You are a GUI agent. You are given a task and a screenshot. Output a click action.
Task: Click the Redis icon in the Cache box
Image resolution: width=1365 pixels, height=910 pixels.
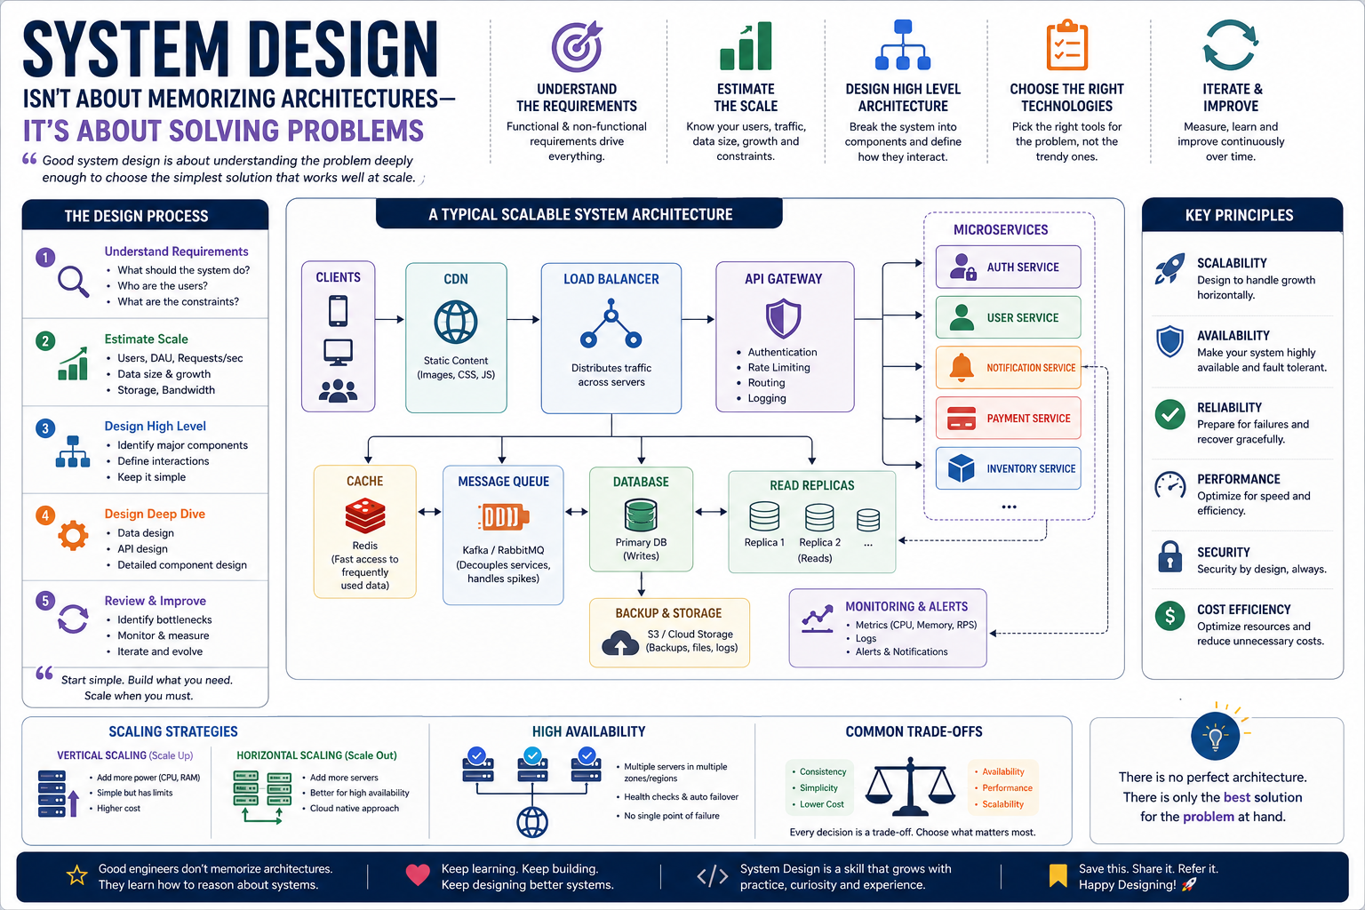365,515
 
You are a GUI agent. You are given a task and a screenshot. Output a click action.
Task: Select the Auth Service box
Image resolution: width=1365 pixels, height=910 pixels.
1008,267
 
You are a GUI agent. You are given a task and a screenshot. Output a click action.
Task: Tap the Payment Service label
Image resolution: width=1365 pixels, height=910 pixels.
1028,419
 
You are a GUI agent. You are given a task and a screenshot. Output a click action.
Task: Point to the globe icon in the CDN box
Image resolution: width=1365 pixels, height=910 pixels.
456,323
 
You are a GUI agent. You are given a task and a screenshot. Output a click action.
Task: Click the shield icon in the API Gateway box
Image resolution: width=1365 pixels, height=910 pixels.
783,318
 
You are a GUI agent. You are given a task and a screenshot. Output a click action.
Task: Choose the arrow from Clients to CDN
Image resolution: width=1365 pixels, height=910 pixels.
389,319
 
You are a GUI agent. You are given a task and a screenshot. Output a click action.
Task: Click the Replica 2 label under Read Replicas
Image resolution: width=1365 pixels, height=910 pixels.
819,542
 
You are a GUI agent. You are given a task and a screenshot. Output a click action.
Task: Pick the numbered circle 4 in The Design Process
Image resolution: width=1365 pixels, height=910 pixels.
45,515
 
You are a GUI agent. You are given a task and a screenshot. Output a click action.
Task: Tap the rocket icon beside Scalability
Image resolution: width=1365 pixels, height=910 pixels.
1170,268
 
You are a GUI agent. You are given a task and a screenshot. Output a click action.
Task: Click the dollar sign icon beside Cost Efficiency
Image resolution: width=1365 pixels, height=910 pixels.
1170,616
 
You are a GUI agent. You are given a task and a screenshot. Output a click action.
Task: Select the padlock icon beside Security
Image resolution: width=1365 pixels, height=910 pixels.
1170,556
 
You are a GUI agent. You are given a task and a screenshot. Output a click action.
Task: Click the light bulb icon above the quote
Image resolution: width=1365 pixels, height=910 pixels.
1215,737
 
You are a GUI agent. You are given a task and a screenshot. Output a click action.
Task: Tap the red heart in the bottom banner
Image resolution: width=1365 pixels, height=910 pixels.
418,875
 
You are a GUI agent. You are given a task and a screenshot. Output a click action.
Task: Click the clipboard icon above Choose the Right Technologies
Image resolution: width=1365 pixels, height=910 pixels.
1067,45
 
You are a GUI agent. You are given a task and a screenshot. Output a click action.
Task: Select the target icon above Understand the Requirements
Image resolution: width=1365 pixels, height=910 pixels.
577,46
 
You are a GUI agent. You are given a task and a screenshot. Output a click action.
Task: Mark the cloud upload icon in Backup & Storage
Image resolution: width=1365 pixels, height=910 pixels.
620,643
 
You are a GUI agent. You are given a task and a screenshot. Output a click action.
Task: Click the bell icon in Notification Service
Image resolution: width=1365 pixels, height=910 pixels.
962,368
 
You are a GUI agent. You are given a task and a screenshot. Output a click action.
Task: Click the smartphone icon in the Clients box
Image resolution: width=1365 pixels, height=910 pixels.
339,311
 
